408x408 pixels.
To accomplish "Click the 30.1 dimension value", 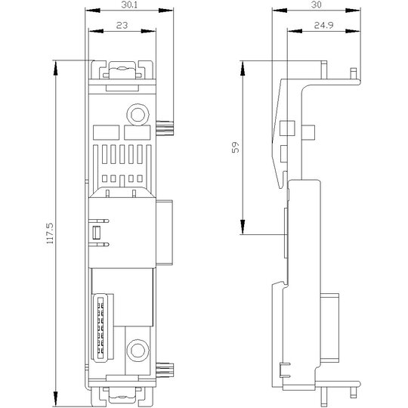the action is coord(129,5).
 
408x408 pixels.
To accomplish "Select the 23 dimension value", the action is coord(122,26).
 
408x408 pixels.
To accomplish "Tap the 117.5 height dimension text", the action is coord(50,233).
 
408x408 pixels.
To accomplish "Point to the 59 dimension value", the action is coord(235,147).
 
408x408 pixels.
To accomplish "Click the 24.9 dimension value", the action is coord(323,26).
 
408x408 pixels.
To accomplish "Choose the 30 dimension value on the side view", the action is coord(316,5).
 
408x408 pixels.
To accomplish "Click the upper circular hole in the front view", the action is coord(138,115).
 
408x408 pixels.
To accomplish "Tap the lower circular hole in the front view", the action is coord(138,351).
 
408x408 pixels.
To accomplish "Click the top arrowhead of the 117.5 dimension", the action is coord(55,68).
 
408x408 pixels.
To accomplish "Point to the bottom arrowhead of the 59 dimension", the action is coord(243,227).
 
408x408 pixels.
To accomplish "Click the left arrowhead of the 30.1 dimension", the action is coord(93,11).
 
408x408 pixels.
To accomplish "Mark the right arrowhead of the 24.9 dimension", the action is coord(353,31).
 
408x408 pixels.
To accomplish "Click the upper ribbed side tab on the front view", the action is coord(165,128).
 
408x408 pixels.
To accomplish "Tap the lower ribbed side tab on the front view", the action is coord(165,370).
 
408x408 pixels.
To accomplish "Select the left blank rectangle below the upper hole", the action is coord(107,132).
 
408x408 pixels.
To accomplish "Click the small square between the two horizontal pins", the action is coord(97,233).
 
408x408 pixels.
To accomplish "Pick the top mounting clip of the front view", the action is coord(122,70).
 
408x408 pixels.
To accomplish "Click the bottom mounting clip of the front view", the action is coord(122,397).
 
